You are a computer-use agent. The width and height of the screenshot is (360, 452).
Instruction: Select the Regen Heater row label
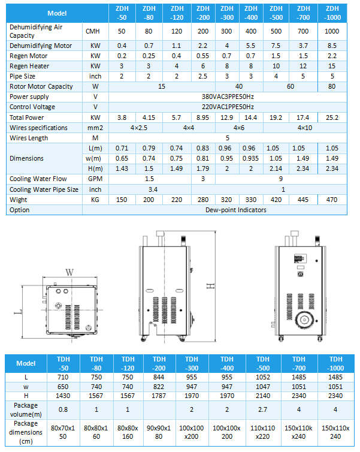(29, 66)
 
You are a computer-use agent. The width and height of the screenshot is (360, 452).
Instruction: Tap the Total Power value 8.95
(203, 117)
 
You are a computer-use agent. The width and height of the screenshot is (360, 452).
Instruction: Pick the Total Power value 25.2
(332, 117)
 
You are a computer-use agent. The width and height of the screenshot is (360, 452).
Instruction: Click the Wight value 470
(332, 200)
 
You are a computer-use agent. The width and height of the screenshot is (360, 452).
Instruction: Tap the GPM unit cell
(94, 179)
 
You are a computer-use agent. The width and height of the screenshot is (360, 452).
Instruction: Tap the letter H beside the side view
(210, 287)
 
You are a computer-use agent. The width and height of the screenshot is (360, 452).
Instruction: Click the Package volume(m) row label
(26, 409)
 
